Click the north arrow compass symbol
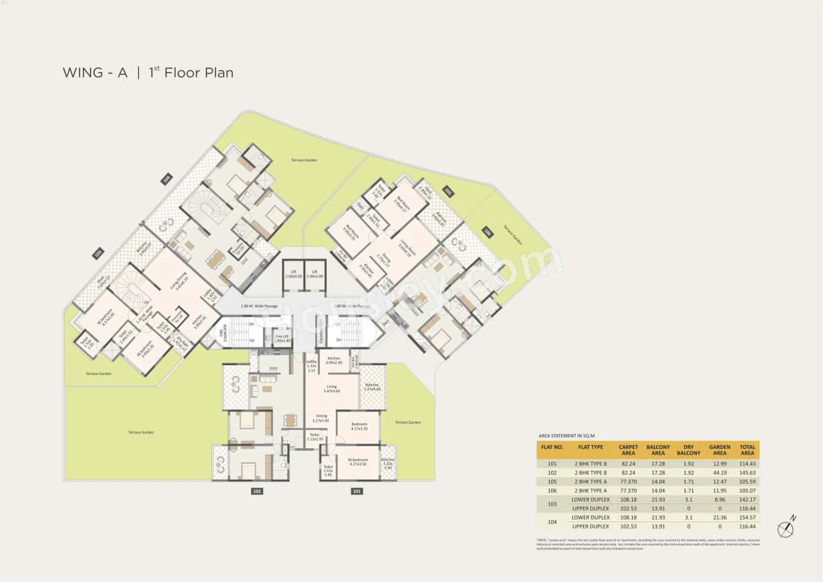[786, 529]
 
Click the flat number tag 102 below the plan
[257, 491]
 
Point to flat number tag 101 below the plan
[356, 491]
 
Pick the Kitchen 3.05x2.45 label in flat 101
[333, 360]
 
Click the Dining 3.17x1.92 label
[321, 418]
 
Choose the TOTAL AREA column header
[747, 450]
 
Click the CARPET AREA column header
[628, 450]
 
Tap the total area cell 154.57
[747, 517]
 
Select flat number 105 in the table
[552, 481]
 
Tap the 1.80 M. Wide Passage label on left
[259, 306]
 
